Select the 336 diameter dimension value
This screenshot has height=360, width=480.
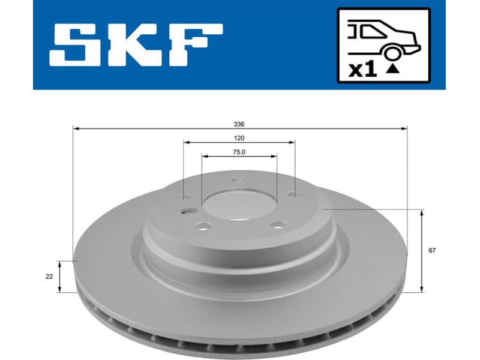coord(239,125)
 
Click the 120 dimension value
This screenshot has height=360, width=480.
coord(239,137)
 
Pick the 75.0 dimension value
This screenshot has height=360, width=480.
coord(239,152)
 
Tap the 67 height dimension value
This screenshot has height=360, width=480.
coord(432,250)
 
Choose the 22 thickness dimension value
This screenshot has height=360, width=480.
coord(49,277)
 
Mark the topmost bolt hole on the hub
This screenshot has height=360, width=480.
coord(237,179)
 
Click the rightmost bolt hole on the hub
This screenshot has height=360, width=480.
coord(292,194)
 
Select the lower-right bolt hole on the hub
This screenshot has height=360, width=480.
coord(277,225)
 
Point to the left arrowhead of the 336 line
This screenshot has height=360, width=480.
coord(75,128)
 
